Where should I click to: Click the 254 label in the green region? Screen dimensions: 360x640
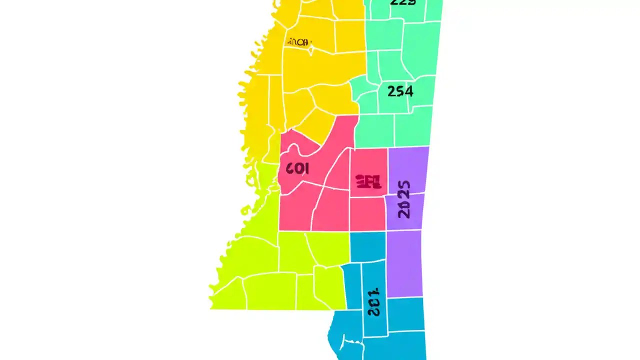coord(400,91)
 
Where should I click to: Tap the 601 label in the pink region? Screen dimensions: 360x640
coord(297,168)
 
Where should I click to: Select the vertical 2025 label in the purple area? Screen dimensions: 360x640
coord(404,199)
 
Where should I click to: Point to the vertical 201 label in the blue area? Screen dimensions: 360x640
coord(373,302)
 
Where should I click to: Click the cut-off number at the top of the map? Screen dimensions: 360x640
coord(402,2)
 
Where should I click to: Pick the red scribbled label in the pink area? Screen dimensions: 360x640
coord(368,181)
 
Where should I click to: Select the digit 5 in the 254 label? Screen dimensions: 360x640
coord(400,91)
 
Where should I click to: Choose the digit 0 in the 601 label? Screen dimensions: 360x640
coord(298,169)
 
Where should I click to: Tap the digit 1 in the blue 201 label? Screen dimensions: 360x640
coord(374,292)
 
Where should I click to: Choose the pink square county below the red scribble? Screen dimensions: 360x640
coord(367,214)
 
